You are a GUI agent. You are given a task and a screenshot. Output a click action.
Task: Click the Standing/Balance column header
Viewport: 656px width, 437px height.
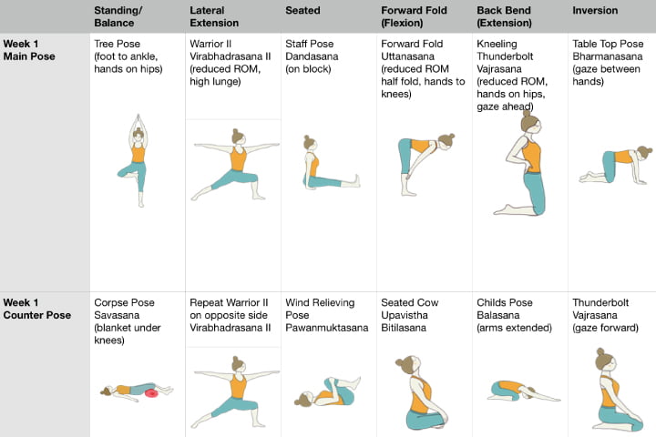pos(118,16)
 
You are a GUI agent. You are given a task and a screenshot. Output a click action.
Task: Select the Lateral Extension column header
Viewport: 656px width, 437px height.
pos(214,16)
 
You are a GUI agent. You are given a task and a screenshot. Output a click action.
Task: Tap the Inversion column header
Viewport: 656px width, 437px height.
pos(594,11)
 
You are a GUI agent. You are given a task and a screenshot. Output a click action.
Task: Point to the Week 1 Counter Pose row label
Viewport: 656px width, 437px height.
pos(36,309)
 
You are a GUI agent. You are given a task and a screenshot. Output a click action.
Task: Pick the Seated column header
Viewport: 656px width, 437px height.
pos(302,11)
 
